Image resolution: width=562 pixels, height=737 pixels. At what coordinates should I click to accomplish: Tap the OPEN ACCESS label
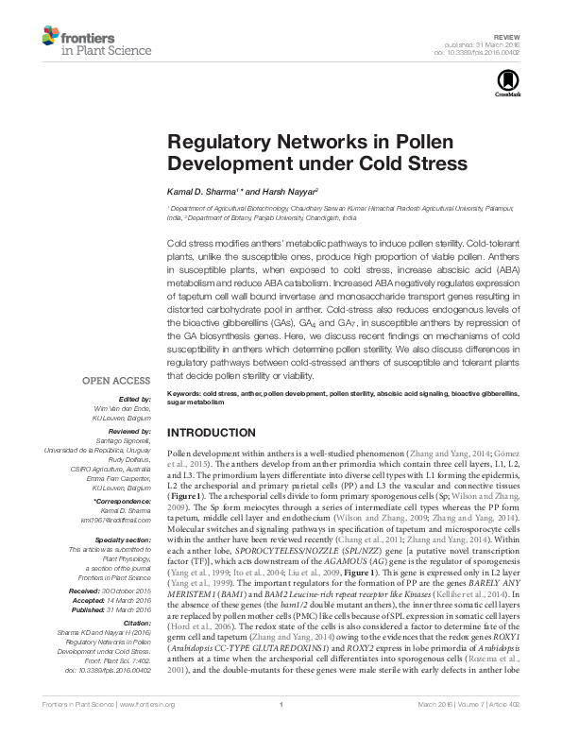click(x=115, y=381)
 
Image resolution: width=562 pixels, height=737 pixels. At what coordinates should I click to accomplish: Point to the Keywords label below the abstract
click(x=185, y=390)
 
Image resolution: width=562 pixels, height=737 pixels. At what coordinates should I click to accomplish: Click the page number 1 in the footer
click(x=281, y=729)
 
